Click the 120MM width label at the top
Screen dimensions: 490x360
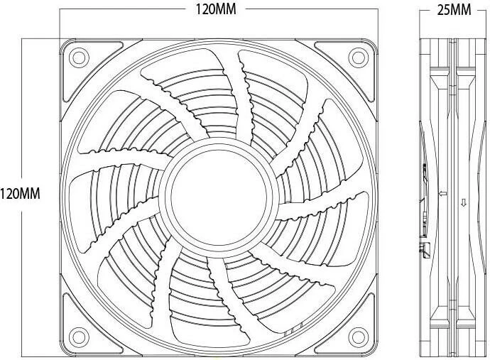click(216, 9)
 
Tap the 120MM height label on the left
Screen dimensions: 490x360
click(20, 194)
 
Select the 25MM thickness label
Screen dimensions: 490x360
click(454, 10)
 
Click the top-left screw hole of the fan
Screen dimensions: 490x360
click(79, 58)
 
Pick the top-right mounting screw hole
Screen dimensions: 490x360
click(358, 58)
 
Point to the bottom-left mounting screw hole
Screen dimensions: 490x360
click(79, 337)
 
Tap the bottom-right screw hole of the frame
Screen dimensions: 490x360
click(358, 337)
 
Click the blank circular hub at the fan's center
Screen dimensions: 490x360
click(219, 197)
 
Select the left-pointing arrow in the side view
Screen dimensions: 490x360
click(443, 193)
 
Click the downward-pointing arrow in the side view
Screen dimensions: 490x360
click(464, 203)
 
